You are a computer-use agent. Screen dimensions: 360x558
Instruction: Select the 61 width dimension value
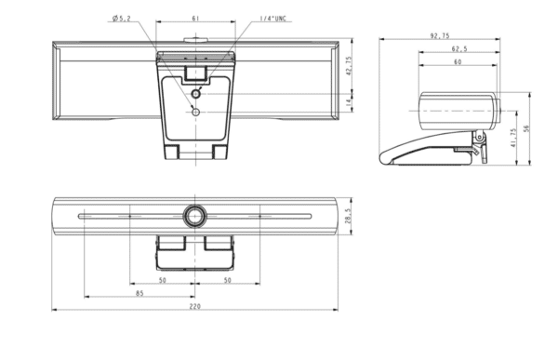[x=194, y=18]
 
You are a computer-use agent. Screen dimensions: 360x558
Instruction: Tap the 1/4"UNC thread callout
[x=247, y=19]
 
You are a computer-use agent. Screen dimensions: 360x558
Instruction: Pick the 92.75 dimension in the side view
[x=440, y=35]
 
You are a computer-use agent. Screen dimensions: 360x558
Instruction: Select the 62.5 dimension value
[x=458, y=49]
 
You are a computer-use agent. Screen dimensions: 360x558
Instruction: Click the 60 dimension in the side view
[x=457, y=62]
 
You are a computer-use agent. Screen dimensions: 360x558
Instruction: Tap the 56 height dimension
[x=525, y=129]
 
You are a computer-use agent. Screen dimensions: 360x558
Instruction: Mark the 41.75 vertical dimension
[x=512, y=138]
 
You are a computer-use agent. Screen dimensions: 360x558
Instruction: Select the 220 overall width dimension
[x=194, y=307]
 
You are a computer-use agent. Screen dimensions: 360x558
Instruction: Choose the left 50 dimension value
[x=162, y=279]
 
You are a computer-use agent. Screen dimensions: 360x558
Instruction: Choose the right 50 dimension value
[x=227, y=279]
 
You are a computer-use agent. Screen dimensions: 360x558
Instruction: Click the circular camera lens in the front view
[x=194, y=215]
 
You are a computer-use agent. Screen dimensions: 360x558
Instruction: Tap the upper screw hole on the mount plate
[x=196, y=93]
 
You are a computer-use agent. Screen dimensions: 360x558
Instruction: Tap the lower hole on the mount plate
[x=195, y=111]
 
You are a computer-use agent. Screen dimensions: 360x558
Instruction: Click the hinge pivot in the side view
[x=480, y=138]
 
